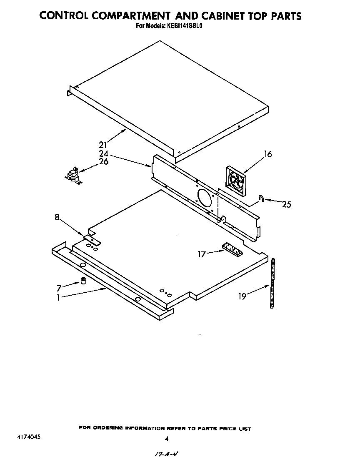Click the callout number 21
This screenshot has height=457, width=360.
point(103,145)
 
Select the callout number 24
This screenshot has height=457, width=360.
point(103,153)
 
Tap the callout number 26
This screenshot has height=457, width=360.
point(104,161)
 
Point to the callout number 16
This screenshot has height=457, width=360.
point(267,154)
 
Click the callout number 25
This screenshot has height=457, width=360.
point(286,204)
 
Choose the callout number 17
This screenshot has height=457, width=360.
point(202,254)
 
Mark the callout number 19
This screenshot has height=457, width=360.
point(242,296)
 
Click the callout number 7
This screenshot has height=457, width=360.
point(59,288)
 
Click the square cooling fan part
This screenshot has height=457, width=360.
point(235,181)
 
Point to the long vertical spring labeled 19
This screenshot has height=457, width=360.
point(273,284)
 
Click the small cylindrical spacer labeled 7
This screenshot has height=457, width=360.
point(83,281)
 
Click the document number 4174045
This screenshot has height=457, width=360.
point(30,438)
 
